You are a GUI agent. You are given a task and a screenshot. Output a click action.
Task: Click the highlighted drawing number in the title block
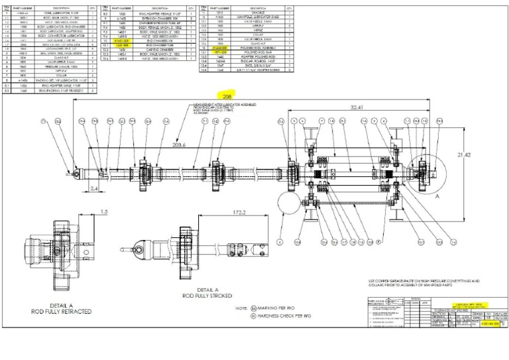pos(487,326)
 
